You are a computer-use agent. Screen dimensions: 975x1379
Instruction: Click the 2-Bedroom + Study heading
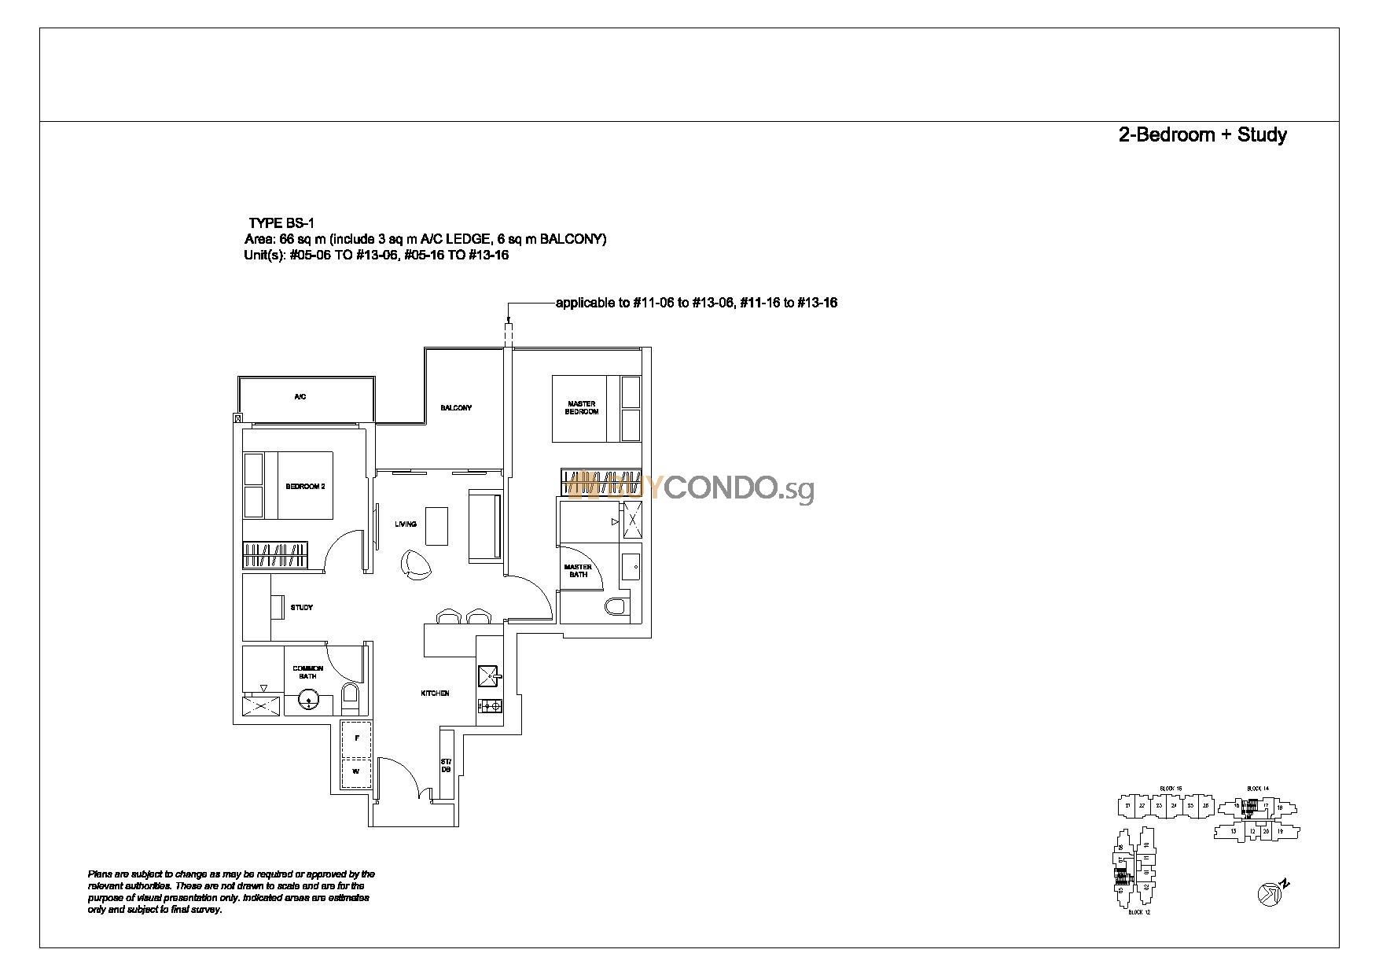coord(1202,135)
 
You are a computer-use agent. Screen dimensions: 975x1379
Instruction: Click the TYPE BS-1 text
coord(281,224)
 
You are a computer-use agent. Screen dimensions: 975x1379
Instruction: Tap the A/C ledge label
coord(300,397)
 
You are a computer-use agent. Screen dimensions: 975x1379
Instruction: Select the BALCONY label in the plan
coord(456,408)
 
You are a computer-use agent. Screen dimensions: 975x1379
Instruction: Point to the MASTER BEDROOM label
coord(582,408)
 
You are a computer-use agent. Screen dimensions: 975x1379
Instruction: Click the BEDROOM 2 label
coord(305,487)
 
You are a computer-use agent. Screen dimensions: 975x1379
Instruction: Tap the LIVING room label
coord(406,524)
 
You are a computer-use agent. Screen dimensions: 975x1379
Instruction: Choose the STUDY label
coord(302,607)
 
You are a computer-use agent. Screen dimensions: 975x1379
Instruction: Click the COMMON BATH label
coord(308,672)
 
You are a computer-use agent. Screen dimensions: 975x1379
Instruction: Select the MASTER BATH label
coord(578,570)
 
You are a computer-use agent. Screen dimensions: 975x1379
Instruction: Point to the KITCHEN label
coord(435,694)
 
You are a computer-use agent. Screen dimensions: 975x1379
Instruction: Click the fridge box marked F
coord(357,738)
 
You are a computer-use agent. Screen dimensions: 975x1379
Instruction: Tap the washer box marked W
coord(356,772)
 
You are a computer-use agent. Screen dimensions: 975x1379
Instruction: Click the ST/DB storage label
coord(446,765)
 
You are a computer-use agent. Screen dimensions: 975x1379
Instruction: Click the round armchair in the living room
coord(415,562)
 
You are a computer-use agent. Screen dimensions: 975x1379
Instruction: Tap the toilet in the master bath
coord(616,606)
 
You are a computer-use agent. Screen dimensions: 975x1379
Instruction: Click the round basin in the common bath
coord(309,699)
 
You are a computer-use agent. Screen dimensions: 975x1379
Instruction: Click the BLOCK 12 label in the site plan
coord(1139,912)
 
